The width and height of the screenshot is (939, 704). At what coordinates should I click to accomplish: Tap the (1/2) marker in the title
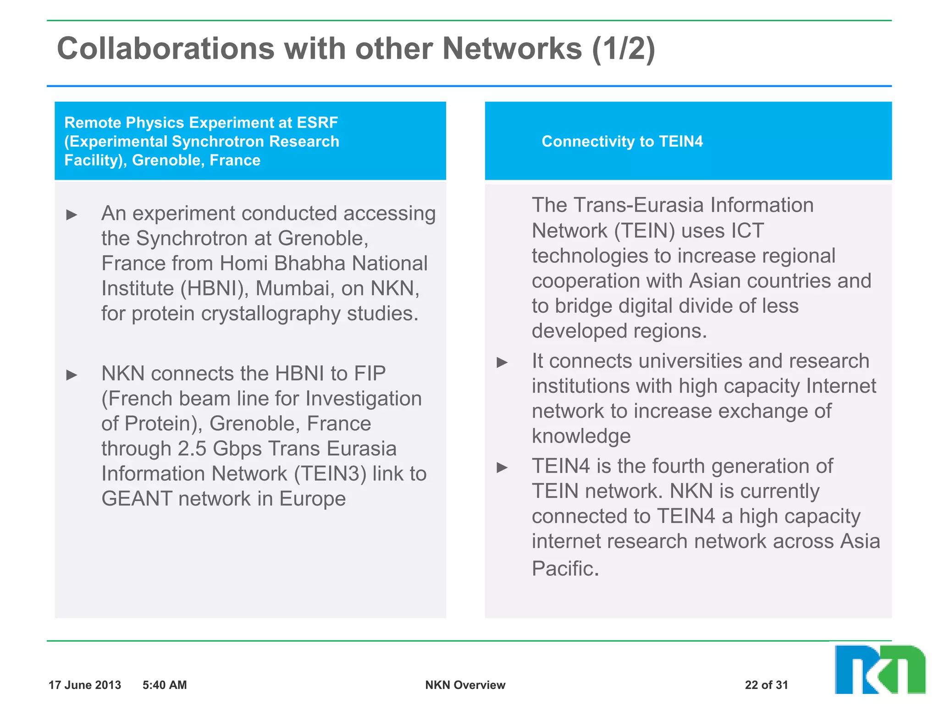coord(624,49)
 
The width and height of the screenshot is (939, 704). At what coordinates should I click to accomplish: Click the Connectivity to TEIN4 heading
coord(622,141)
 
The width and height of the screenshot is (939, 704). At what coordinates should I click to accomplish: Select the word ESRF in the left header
coord(317,122)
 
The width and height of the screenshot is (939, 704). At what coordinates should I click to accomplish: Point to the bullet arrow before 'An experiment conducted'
coord(72,214)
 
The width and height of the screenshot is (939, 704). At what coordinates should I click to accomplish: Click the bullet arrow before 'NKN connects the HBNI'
coord(72,375)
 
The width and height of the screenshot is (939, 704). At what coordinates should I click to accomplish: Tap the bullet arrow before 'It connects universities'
coord(503,363)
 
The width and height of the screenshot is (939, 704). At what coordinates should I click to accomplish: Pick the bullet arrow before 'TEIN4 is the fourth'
coord(503,467)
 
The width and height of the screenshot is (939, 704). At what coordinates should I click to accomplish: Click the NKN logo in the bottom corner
coord(879,670)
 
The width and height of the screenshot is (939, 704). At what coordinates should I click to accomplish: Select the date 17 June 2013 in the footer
coord(85,685)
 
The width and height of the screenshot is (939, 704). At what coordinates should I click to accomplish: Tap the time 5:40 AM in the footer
coord(165,685)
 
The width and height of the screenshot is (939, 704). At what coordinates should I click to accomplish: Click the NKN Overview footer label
coord(465,685)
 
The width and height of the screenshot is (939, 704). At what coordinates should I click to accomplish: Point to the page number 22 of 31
coord(766,685)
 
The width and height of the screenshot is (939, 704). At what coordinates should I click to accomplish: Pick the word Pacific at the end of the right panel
coord(565,569)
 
